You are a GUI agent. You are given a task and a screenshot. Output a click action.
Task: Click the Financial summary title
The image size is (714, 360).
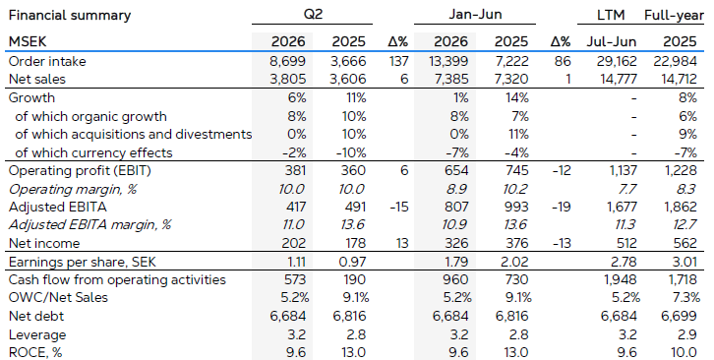pos(70,16)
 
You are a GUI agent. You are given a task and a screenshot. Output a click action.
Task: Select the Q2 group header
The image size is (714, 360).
pos(313,14)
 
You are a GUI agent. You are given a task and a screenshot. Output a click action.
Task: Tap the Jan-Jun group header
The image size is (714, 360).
pos(475,14)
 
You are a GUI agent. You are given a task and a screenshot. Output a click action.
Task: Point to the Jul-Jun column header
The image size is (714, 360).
pos(611,42)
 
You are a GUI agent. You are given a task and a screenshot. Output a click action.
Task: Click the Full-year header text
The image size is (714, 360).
pos(674,16)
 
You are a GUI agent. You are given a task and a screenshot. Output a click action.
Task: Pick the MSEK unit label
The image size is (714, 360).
pos(28,42)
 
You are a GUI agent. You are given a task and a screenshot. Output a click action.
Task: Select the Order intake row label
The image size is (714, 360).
pos(47,61)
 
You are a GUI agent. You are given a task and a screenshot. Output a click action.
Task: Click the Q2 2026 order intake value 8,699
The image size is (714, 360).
pos(288,61)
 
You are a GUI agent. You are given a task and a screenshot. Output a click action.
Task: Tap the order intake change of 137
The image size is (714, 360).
pos(399,61)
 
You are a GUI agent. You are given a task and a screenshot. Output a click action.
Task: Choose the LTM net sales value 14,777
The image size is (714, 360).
pos(619,80)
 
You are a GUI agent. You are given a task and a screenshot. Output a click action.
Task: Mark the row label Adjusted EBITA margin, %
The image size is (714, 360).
pos(89,224)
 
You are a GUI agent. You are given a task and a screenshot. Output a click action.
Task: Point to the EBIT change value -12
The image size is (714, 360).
pos(561,170)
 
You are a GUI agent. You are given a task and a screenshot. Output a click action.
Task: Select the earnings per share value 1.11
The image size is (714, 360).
pos(296,262)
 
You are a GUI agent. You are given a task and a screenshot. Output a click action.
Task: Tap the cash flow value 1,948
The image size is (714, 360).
pos(621,279)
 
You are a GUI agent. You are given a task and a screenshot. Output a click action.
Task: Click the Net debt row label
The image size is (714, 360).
pos(36,316)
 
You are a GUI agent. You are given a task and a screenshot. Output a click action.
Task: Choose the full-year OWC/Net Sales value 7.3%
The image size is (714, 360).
pos(686,298)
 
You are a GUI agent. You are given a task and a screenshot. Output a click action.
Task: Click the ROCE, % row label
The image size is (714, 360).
pos(35,352)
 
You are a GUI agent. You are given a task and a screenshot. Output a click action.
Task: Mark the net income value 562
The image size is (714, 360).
pos(685,243)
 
